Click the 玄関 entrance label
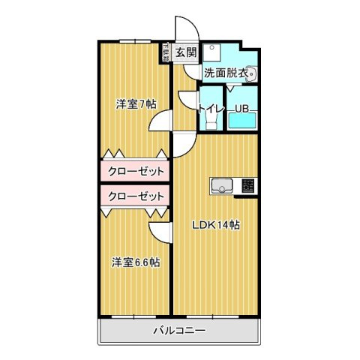(186, 52)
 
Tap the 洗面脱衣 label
(227, 73)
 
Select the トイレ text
(210, 109)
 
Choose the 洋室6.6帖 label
(136, 262)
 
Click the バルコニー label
(180, 331)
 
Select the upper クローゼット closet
(136, 171)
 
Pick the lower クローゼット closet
(136, 196)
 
